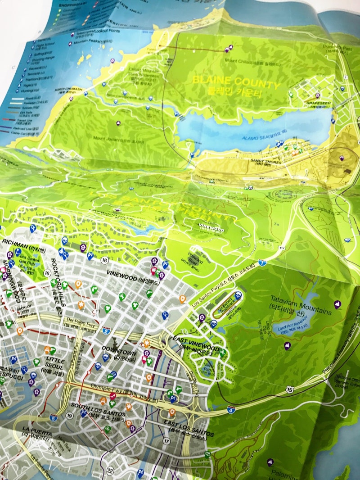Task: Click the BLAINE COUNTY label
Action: tap(236, 82)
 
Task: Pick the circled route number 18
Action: tap(105, 260)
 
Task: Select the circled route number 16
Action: tap(47, 272)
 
